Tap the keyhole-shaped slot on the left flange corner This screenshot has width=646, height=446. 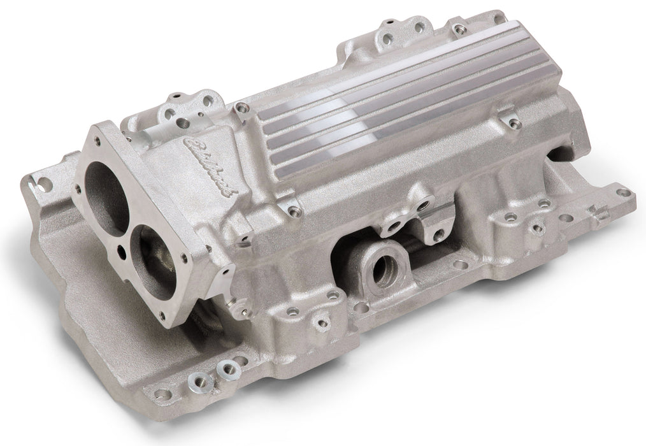click(45, 183)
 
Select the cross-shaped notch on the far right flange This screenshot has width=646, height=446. click(599, 212)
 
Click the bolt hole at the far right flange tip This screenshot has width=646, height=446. click(624, 192)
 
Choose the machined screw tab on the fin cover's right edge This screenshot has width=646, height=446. click(510, 119)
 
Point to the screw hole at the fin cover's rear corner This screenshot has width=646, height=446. click(457, 29)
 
